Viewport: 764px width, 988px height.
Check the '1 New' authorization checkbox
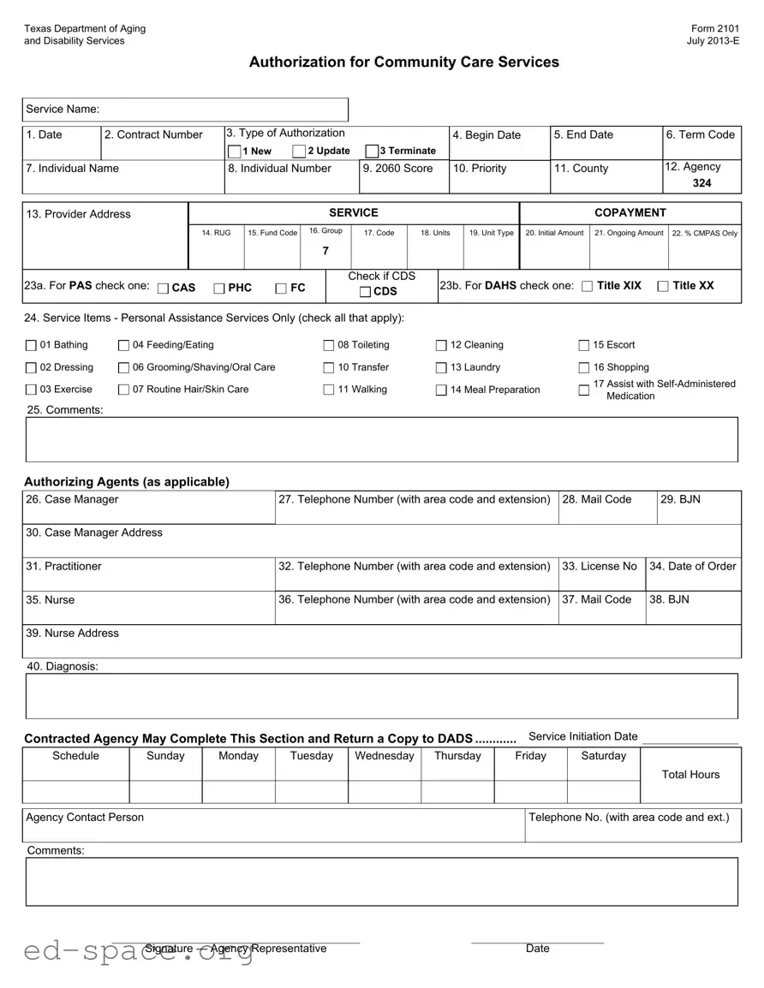235,152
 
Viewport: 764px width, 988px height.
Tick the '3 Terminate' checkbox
372,152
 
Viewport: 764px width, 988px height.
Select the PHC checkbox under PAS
219,289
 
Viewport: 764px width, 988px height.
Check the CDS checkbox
365,293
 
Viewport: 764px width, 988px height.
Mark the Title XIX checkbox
587,286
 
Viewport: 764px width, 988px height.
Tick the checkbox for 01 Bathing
32,346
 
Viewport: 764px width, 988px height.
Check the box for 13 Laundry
442,368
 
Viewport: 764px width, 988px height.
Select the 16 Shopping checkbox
585,368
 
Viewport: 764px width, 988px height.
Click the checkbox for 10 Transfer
329,368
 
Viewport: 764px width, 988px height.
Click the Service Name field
223,110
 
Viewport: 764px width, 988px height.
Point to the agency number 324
701,183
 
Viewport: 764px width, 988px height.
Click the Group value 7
325,251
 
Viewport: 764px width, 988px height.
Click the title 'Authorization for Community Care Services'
403,62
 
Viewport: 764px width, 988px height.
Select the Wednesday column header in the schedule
385,756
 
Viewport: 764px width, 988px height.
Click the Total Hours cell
690,775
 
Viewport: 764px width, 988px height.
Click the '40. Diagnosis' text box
382,696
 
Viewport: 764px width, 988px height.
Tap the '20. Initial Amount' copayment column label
554,233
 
